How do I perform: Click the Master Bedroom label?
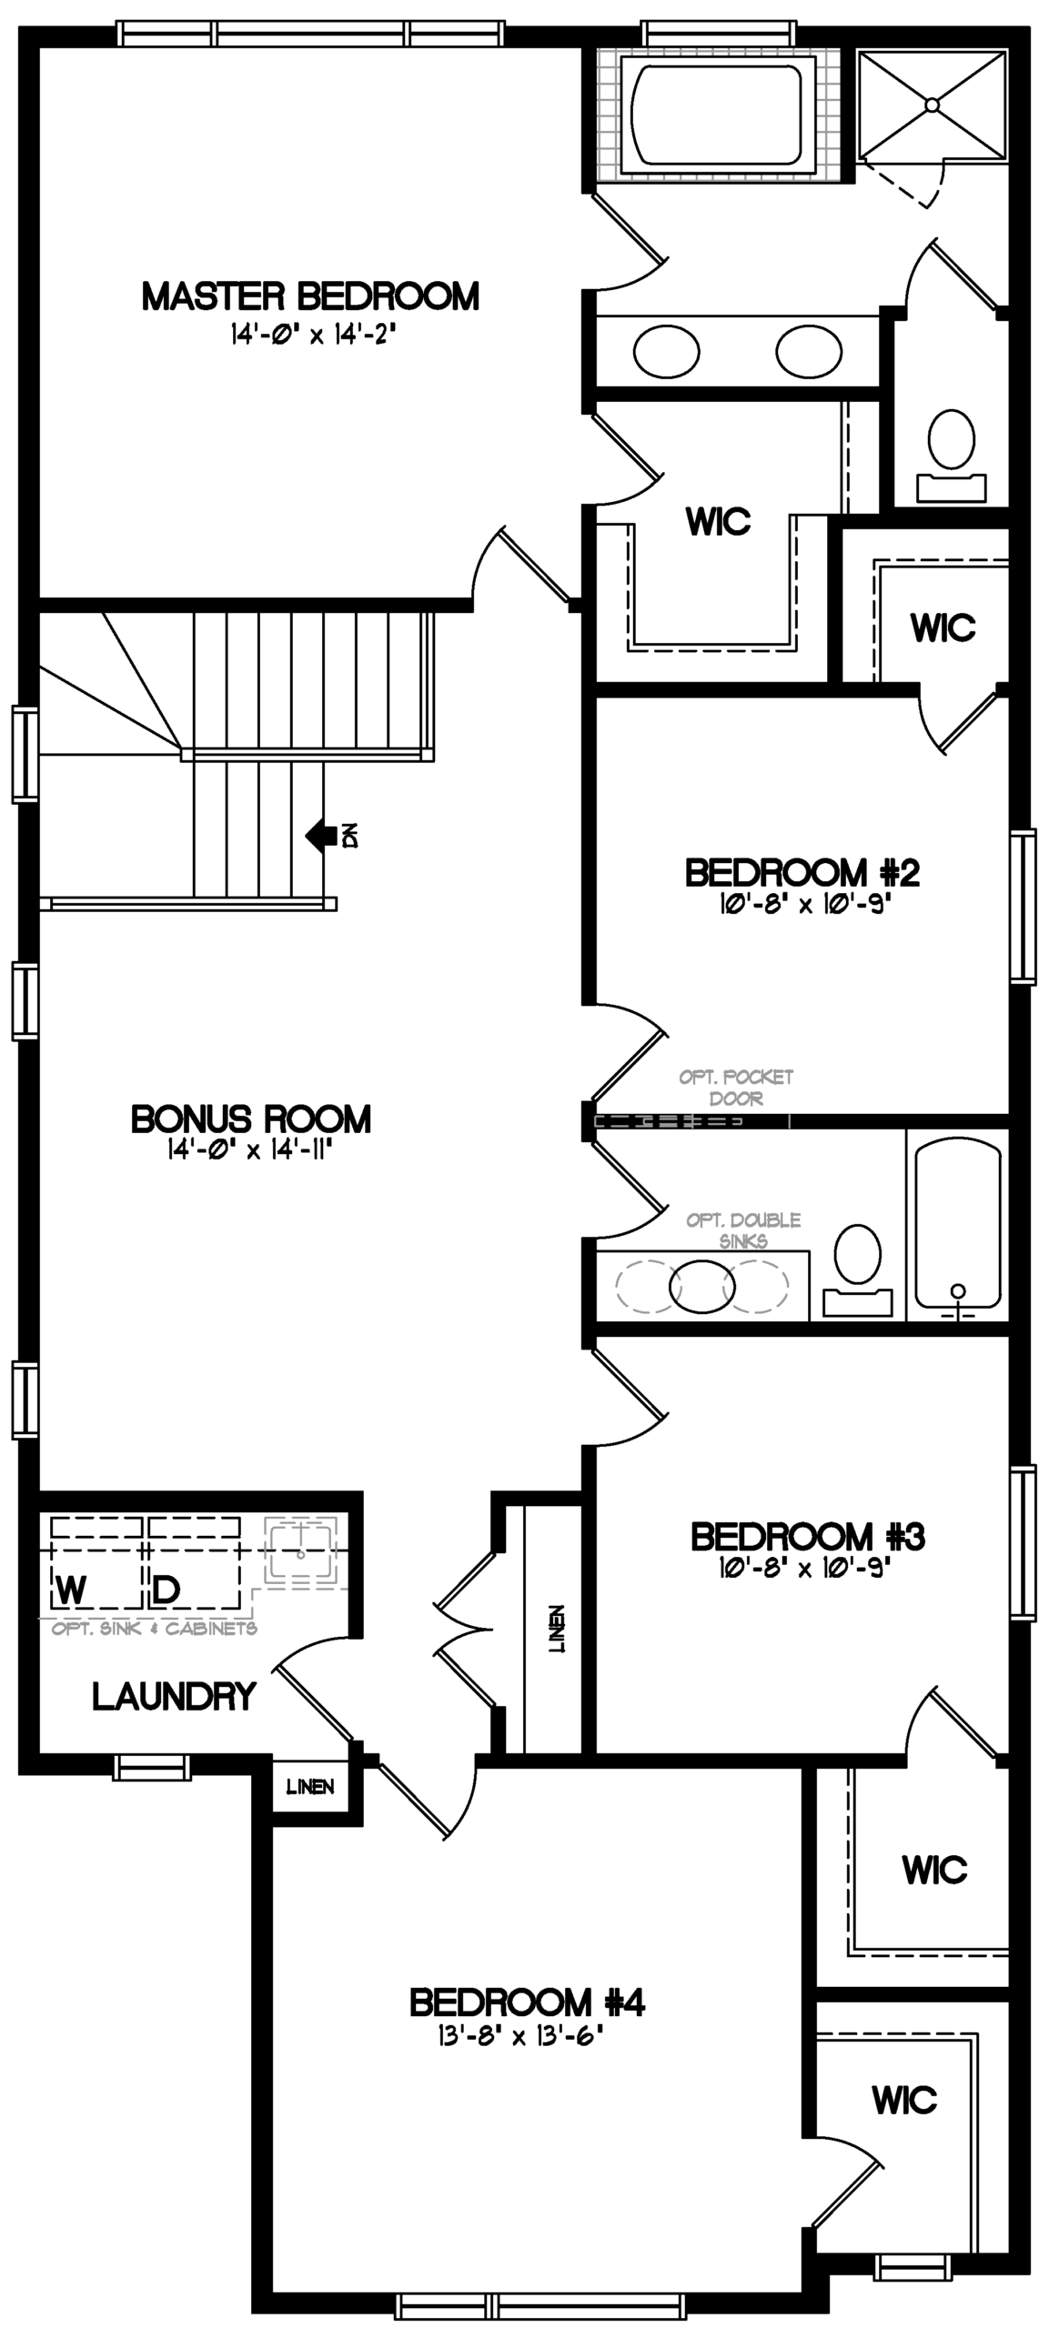(x=310, y=296)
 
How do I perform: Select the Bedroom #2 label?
(x=802, y=873)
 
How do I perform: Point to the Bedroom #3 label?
(x=808, y=1537)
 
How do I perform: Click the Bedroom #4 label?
(x=527, y=2002)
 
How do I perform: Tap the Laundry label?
(x=174, y=1696)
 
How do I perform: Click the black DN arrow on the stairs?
(x=319, y=835)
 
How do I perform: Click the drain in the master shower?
(x=932, y=105)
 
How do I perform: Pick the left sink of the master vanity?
(x=666, y=351)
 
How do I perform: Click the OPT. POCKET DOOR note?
(x=736, y=1088)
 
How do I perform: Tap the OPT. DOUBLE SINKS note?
(x=743, y=1230)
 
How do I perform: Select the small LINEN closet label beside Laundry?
(x=310, y=1787)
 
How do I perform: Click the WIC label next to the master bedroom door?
(x=719, y=521)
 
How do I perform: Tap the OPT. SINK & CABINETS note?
(x=154, y=1628)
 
